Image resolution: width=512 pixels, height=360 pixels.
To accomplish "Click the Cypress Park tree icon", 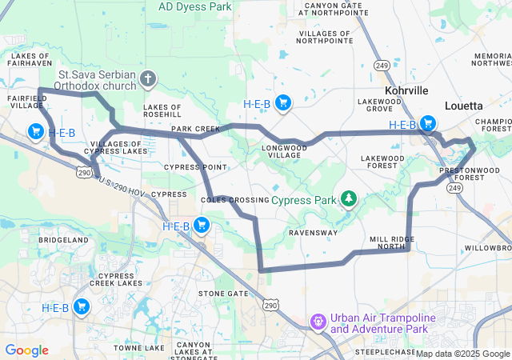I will (x=348, y=198).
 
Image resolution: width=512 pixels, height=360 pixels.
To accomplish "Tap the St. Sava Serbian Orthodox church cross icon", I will (x=147, y=79).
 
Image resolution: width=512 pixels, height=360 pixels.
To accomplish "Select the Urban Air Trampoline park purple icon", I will (x=318, y=322).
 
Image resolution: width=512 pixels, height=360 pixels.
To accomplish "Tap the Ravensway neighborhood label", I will (x=313, y=233).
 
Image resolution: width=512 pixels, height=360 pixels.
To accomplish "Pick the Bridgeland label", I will (x=63, y=240).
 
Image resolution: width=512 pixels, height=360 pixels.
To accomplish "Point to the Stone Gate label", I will (x=223, y=294).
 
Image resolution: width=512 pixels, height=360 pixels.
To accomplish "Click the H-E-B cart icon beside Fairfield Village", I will (x=35, y=131).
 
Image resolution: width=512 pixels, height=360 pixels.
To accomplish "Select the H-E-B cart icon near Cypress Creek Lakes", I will (x=81, y=306).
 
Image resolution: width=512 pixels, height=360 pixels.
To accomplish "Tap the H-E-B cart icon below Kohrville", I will (x=428, y=123).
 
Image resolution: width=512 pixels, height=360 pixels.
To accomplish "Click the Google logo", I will (x=26, y=350).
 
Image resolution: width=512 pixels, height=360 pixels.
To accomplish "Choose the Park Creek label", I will (x=195, y=129).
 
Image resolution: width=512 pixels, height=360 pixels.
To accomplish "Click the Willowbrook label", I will (x=487, y=248).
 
